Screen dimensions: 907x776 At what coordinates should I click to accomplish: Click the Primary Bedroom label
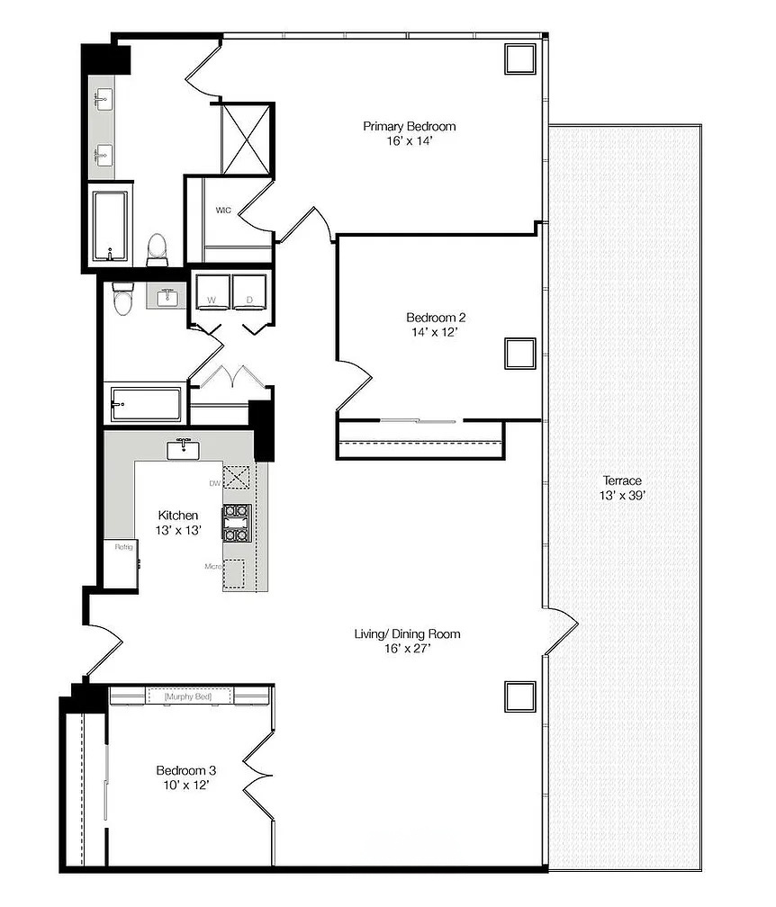[409, 126]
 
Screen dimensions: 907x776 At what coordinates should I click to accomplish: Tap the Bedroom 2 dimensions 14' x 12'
[436, 332]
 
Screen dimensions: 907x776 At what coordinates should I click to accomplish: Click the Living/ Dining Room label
[407, 634]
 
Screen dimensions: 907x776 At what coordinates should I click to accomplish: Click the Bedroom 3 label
[186, 770]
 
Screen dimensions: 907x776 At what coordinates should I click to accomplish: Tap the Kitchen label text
[178, 515]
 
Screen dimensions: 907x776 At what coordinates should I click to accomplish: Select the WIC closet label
[224, 211]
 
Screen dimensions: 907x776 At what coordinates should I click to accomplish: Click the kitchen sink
[185, 448]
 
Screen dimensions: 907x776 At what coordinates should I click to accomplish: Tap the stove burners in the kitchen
[237, 522]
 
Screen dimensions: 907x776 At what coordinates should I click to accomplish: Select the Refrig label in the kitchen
[122, 546]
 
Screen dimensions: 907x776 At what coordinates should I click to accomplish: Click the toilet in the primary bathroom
[158, 248]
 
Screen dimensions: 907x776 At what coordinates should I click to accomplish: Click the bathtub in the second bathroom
[146, 404]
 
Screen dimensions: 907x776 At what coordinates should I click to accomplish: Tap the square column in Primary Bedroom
[519, 59]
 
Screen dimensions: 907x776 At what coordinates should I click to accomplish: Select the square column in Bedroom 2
[519, 353]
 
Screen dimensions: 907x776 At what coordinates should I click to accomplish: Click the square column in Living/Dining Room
[519, 696]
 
